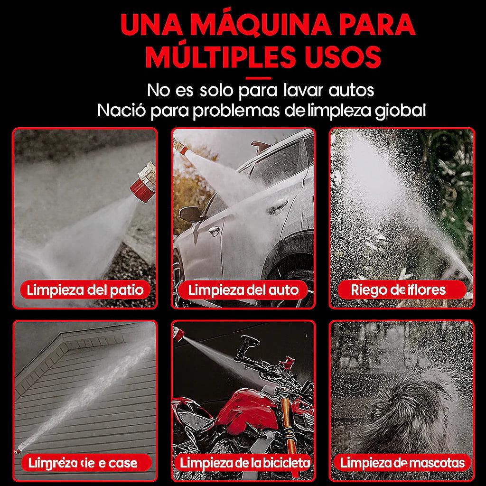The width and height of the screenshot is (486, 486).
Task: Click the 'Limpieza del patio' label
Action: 85,290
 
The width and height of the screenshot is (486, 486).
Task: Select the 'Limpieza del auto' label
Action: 243,290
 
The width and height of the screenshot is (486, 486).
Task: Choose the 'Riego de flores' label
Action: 399,290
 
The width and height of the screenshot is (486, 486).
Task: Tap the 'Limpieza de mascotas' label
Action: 402,462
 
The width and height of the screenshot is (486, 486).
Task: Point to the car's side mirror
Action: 189,213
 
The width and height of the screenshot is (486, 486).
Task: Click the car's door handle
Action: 214,231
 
